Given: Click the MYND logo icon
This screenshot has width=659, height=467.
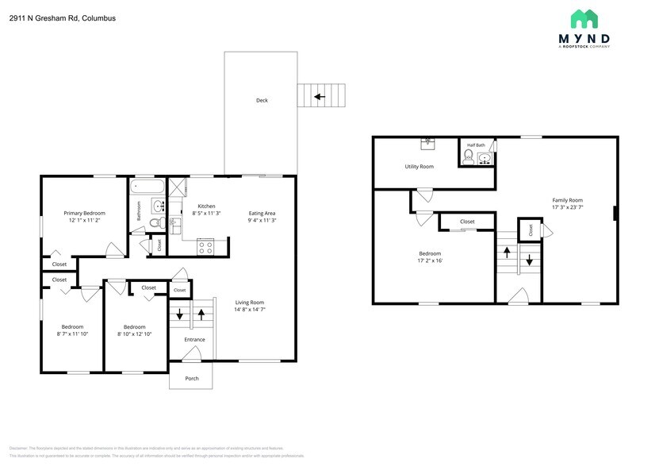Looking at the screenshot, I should click(584, 19).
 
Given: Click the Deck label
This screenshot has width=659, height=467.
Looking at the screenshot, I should click(261, 100).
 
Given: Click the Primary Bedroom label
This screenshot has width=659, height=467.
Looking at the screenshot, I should click(85, 213).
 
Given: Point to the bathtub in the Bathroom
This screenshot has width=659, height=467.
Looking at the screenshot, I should click(148, 188).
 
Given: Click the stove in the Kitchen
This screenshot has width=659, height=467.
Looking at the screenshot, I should click(205, 247).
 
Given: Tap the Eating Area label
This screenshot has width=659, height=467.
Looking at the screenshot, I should click(262, 213).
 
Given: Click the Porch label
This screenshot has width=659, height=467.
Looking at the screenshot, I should click(192, 378).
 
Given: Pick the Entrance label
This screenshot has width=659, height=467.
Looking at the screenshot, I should click(194, 339).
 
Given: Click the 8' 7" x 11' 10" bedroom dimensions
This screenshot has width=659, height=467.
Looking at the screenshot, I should click(72, 334).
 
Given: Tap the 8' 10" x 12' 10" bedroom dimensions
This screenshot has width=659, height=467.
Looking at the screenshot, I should click(134, 334).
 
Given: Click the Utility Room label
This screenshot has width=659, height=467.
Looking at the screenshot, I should click(419, 167).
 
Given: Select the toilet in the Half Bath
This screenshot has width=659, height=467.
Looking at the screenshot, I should click(467, 158).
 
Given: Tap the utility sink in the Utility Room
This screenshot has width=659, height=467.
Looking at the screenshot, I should click(428, 144).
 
